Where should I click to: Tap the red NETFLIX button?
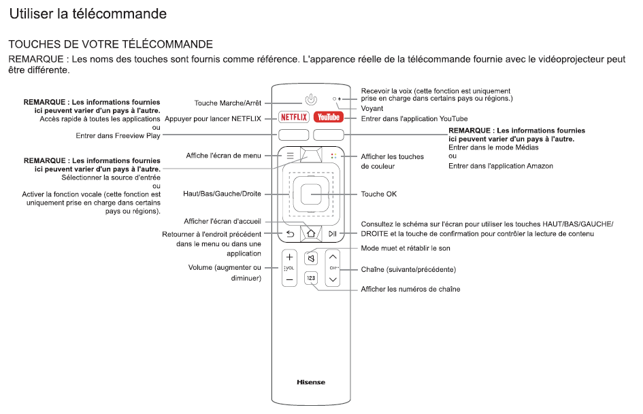294,118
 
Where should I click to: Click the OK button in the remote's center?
311,194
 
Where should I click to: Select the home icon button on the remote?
311,233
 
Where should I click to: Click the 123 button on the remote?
311,278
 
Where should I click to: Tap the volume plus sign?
289,258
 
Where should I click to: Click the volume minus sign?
289,279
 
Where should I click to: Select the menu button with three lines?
290,156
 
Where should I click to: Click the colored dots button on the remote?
333,156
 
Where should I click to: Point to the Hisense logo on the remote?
311,382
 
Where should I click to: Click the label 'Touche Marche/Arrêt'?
227,103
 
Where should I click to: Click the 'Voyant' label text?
372,108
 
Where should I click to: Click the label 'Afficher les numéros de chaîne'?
410,290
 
